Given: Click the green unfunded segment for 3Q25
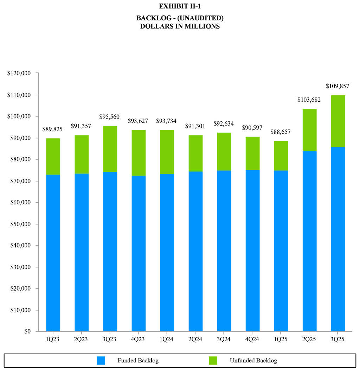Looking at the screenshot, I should [x=338, y=121].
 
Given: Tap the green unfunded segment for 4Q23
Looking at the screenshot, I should [x=139, y=153].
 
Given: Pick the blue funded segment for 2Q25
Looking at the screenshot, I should [x=309, y=241].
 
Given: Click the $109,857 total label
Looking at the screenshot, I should [x=337, y=86].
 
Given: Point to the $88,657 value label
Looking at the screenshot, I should [x=281, y=132].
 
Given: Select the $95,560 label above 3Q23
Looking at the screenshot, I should [x=110, y=117].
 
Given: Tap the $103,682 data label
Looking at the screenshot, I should [x=309, y=100].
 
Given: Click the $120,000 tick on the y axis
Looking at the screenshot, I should [x=19, y=73].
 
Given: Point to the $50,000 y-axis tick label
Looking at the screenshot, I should [x=19, y=224].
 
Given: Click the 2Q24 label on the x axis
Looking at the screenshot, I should [x=195, y=340].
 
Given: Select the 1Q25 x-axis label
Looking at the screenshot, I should [x=281, y=340].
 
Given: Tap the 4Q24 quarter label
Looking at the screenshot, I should [x=252, y=340].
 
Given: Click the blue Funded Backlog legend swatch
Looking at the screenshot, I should [x=101, y=360].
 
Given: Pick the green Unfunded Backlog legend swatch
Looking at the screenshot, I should [x=213, y=360].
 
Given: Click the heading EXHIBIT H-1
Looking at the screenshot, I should [x=180, y=6].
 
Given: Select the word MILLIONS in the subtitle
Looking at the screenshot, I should [x=201, y=26].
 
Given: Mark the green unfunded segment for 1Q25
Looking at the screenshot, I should [x=281, y=156].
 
